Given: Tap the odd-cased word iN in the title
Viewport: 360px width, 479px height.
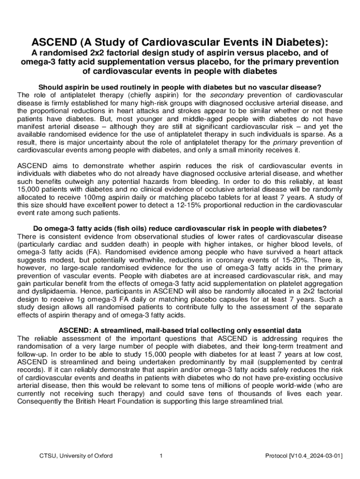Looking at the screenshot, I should point(245,42).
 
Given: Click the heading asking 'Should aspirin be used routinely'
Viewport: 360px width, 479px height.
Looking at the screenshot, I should point(180,87).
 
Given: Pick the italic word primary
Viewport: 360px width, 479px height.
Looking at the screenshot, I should point(286,143).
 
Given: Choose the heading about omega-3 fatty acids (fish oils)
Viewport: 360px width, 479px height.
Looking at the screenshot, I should point(180,228).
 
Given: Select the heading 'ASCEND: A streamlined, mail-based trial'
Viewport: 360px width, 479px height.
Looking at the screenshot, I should point(180,330).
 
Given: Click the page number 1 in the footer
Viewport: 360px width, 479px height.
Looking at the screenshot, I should point(160,456).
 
